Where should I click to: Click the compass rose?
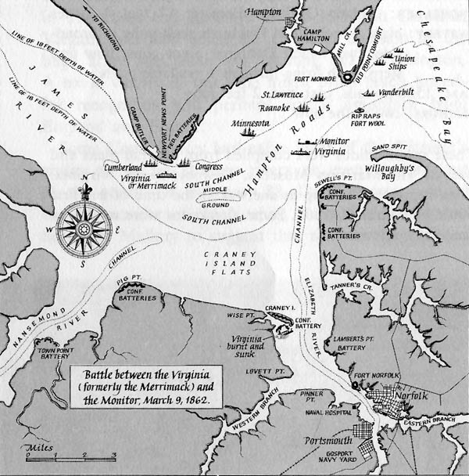point(83,227)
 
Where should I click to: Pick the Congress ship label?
point(206,167)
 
